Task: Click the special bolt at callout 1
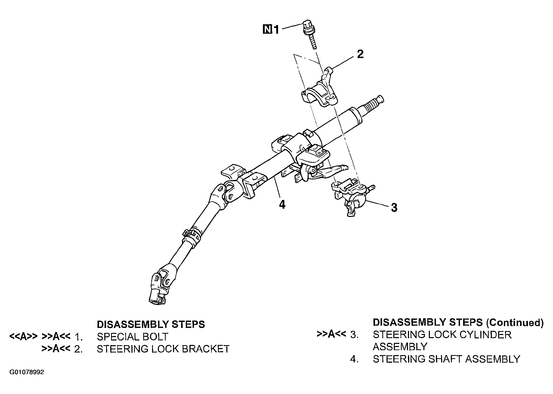309,34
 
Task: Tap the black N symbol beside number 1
267,30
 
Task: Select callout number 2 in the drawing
360,54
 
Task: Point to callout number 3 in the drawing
394,208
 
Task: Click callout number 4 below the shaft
282,204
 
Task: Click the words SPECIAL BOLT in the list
133,337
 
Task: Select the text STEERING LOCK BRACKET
163,349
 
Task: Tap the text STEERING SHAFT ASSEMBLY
446,359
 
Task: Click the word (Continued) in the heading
515,323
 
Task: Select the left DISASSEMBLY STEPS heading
151,325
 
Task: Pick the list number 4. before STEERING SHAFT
354,360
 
